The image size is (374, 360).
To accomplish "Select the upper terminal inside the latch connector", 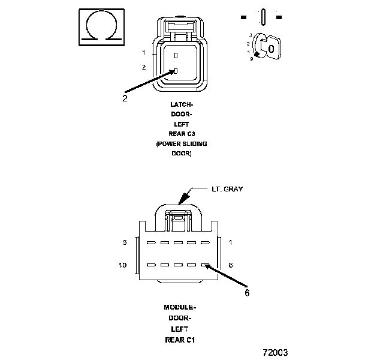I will click(175, 55).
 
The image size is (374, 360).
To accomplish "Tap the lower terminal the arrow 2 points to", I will click(175, 71).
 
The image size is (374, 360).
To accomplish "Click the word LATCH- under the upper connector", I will click(181, 104).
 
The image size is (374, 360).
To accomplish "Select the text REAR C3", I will click(181, 134).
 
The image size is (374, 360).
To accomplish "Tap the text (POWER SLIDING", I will click(181, 144).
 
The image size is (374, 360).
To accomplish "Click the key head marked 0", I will click(272, 47).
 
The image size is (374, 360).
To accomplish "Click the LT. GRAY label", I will click(227, 188).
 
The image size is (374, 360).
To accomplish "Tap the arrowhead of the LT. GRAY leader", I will click(182, 203).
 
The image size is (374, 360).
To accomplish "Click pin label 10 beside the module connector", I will click(123, 265).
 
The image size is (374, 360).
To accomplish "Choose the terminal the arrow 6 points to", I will click(205, 265).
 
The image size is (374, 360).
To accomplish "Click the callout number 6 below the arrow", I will click(246, 293).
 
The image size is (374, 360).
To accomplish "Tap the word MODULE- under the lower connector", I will click(180, 307).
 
